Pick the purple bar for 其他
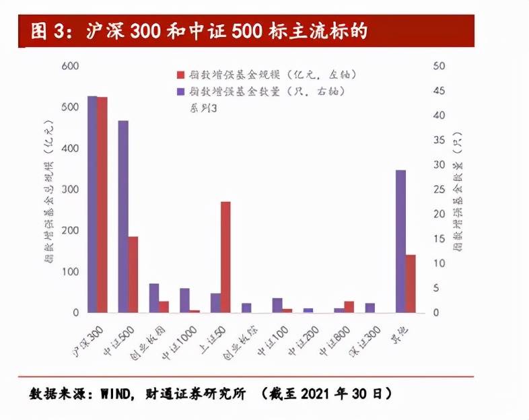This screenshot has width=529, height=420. (400, 241)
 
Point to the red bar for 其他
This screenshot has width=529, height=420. (411, 283)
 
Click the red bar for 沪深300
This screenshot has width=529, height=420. (102, 205)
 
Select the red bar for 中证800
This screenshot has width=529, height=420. (349, 307)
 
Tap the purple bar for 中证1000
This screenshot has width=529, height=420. (184, 300)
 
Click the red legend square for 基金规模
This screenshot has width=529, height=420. (180, 75)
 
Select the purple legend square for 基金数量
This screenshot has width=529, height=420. (180, 91)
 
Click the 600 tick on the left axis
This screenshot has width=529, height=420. (69, 66)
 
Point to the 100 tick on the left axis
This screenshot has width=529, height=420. (69, 272)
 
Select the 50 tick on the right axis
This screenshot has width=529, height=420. (440, 66)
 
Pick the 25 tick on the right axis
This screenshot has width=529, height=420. (440, 189)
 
